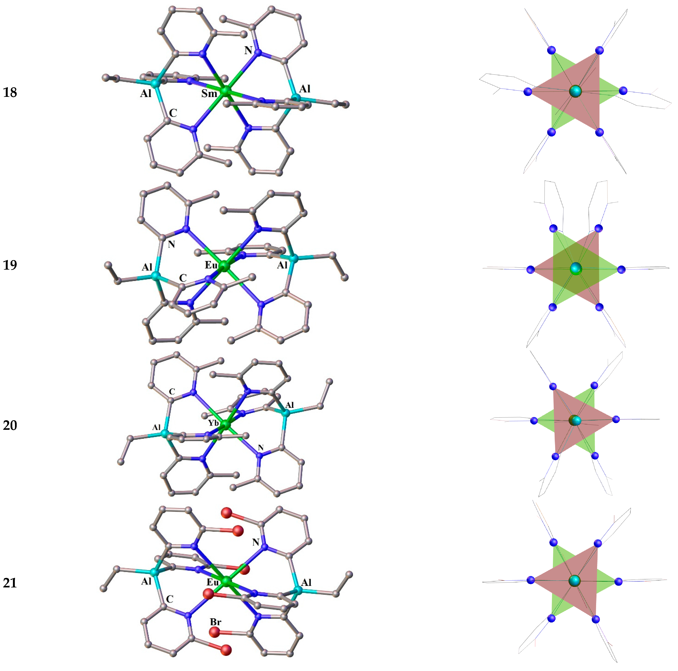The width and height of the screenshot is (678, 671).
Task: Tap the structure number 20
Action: pyautogui.click(x=10, y=425)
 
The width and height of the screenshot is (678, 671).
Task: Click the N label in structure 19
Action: pyautogui.click(x=171, y=244)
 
